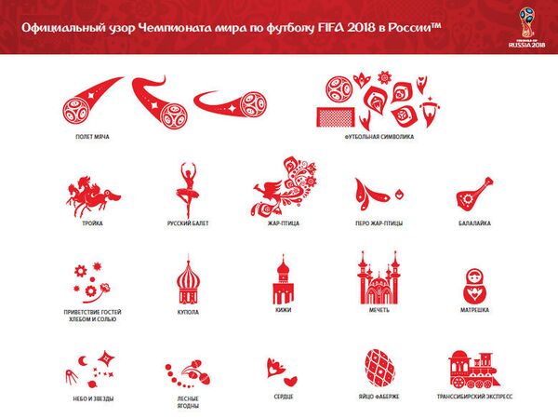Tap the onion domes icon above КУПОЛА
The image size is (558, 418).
pos(188,279)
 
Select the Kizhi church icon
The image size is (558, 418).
pos(283,278)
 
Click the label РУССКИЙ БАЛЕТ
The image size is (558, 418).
pos(187,224)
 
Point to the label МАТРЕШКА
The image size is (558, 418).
pos(474,309)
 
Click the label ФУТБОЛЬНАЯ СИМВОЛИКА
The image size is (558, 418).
pos(379,136)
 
